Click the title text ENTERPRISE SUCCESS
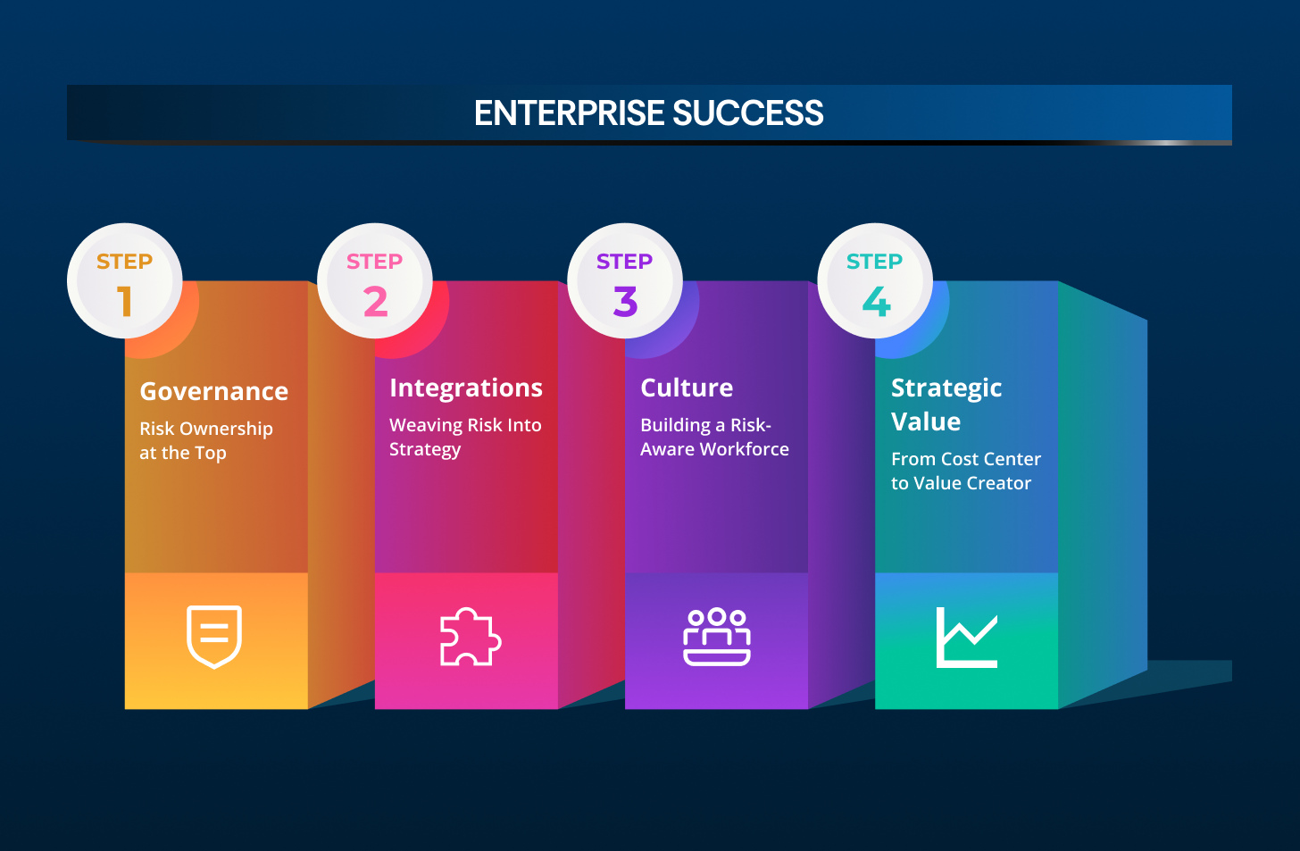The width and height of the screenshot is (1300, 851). (649, 113)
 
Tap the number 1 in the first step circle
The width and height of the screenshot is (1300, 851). (125, 301)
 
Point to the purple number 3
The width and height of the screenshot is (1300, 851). (625, 301)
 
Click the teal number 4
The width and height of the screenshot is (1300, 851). (876, 301)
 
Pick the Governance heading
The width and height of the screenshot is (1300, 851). (214, 391)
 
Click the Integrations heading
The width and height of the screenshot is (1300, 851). (466, 388)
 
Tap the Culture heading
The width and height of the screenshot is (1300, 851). (687, 388)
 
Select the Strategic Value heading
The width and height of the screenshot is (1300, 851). (946, 405)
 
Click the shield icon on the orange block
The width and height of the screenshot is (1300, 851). (214, 637)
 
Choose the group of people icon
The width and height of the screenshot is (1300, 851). (717, 637)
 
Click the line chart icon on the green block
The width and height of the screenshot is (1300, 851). (967, 637)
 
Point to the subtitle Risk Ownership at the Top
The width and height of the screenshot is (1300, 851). (206, 440)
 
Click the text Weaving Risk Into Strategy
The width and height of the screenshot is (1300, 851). (465, 437)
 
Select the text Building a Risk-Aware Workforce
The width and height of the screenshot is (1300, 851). (714, 437)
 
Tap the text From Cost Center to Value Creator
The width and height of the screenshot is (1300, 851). (966, 471)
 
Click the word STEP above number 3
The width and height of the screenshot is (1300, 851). (625, 262)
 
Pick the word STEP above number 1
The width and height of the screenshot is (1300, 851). (125, 262)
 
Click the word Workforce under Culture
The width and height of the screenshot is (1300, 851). (745, 449)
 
